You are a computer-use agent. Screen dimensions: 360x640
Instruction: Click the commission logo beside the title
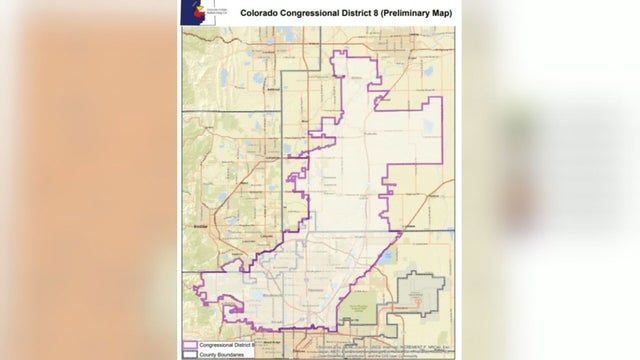(x=194, y=12)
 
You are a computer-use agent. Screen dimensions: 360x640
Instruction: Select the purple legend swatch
(x=188, y=343)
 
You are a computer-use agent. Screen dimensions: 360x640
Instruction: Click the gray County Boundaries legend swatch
(x=188, y=352)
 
